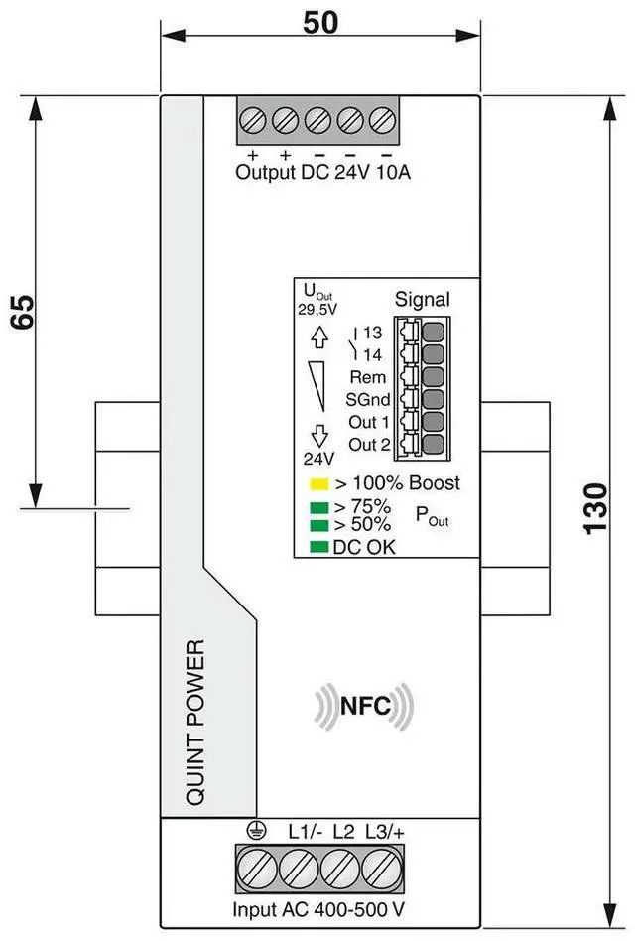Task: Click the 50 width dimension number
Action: [320, 22]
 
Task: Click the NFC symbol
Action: [364, 706]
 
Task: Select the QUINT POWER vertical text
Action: [195, 722]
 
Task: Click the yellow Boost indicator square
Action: [318, 485]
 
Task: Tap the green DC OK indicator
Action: [318, 545]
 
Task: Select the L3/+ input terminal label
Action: [386, 830]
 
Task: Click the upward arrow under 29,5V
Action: [318, 337]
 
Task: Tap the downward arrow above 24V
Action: [318, 434]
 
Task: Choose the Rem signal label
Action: [368, 377]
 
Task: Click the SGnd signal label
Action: [368, 400]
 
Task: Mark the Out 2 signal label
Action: [369, 444]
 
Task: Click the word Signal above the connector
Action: [422, 299]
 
